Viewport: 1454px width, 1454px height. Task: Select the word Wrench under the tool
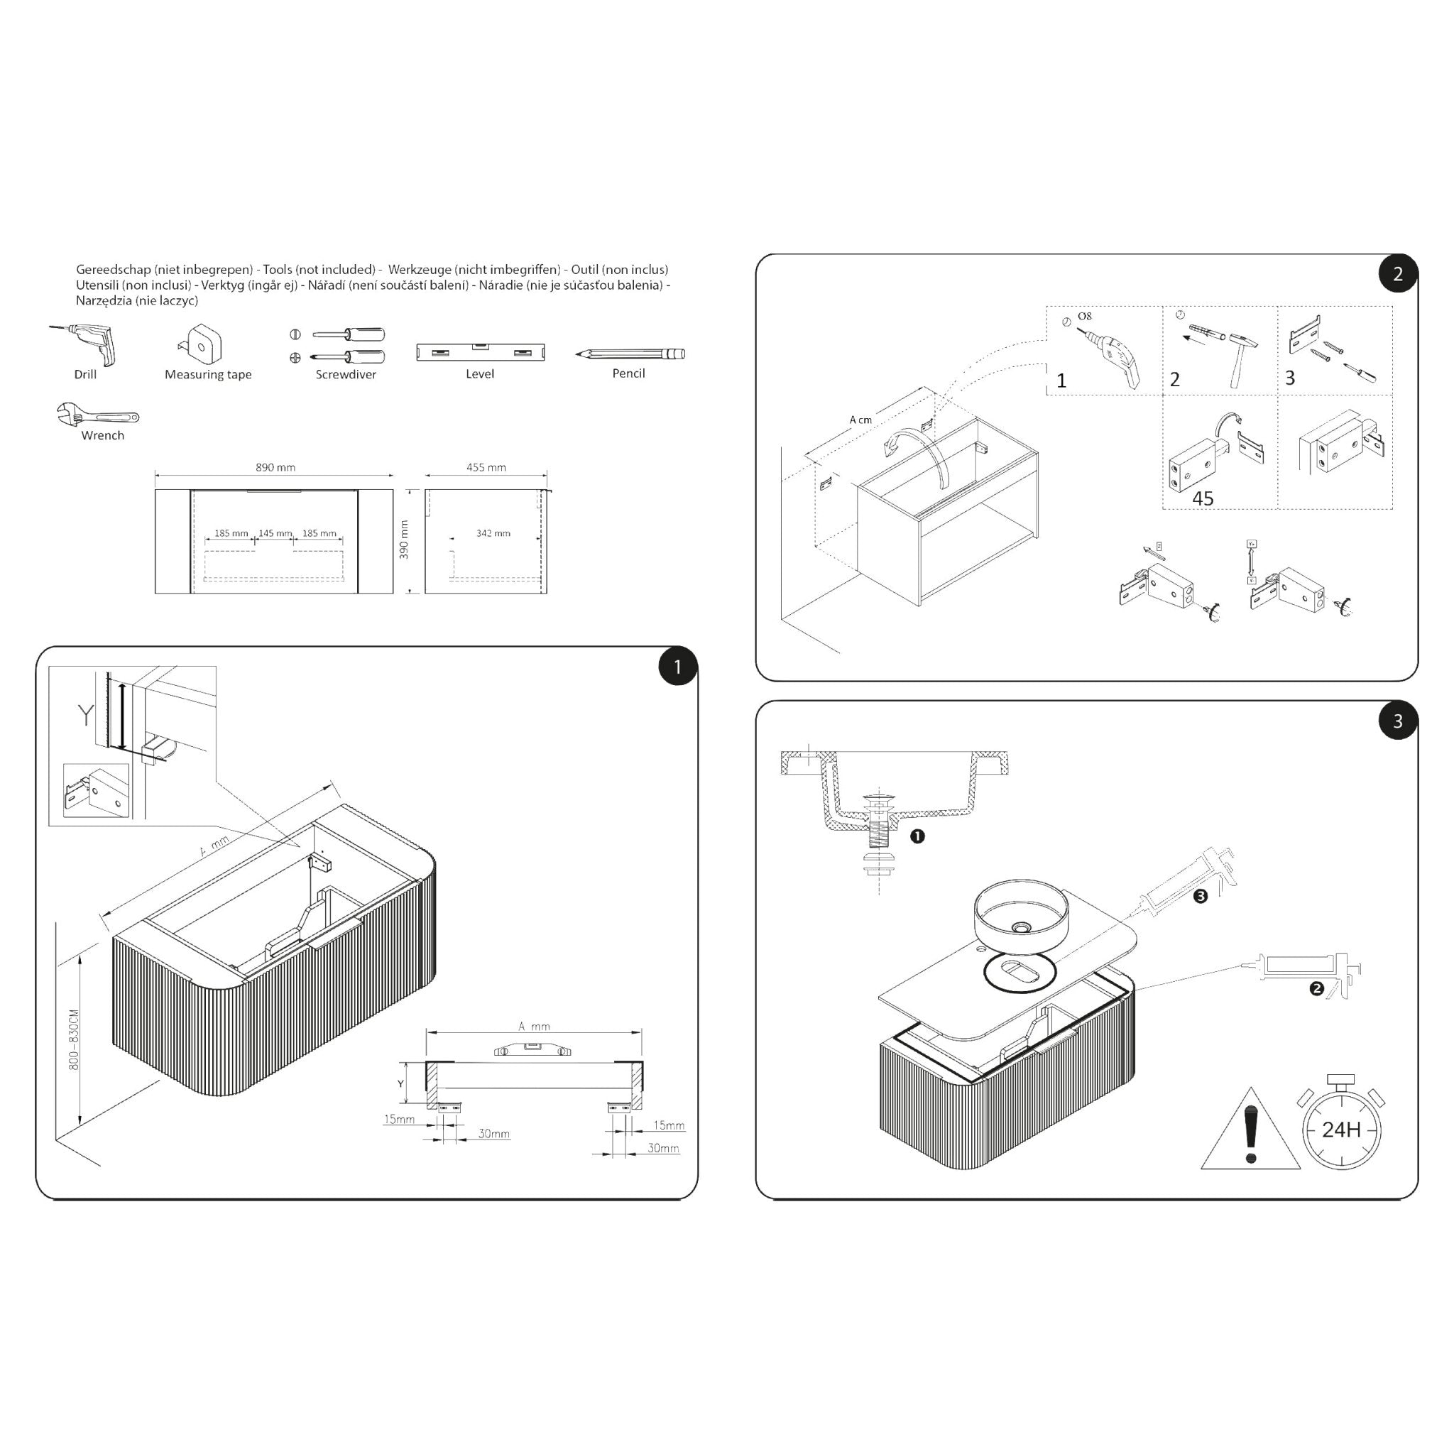102,436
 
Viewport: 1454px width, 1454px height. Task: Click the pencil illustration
630,354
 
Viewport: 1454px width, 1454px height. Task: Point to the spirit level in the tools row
480,352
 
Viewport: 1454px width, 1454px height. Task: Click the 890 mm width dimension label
275,467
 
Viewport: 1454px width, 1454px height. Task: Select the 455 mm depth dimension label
486,467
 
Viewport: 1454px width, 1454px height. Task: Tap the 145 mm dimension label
275,534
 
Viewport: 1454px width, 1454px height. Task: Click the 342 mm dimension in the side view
493,534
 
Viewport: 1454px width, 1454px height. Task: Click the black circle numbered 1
677,667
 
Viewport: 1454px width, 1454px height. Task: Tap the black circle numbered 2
1397,274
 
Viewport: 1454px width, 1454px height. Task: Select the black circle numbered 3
1397,721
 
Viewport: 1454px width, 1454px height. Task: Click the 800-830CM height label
74,1039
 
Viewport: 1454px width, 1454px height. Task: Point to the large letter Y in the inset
86,716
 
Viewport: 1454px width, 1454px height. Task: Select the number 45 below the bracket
1203,499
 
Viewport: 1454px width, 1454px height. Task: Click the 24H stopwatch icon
1340,1127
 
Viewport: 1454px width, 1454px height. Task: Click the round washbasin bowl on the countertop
1020,913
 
